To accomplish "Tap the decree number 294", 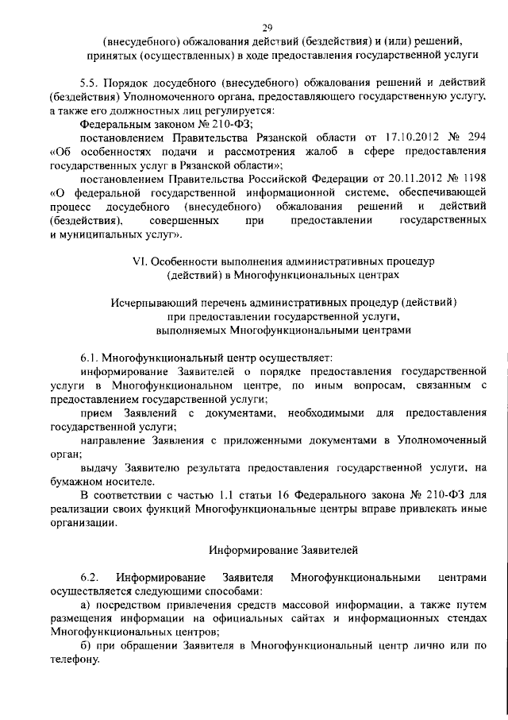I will click(475, 137).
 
